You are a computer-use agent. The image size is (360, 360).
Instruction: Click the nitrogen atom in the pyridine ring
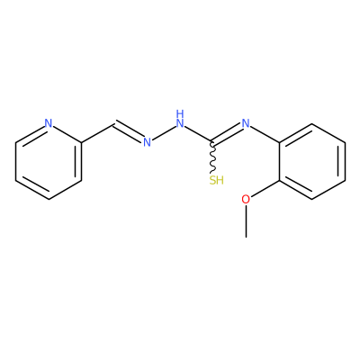point(49,123)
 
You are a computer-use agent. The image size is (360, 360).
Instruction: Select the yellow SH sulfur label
point(217,180)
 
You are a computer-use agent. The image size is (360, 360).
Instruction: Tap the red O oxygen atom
point(246,199)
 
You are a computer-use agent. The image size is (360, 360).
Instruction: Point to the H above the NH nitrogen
point(180,113)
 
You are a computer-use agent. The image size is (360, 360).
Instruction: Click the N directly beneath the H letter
point(180,123)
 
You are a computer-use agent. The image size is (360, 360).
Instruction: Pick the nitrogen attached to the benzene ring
point(246,123)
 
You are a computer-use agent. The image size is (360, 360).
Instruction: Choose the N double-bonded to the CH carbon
point(147,142)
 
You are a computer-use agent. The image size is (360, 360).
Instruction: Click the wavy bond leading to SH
point(212,157)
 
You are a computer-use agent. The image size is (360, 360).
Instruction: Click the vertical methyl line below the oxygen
point(246,221)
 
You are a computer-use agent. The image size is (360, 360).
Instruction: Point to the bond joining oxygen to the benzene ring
point(265,188)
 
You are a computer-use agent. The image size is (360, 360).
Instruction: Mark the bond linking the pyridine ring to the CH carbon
point(97,132)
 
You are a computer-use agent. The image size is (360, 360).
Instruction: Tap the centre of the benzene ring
point(312,161)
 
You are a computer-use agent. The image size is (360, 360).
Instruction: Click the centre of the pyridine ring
point(49,161)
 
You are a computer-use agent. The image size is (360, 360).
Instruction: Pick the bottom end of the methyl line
point(246,238)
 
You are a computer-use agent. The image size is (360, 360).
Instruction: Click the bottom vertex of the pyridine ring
point(49,199)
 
